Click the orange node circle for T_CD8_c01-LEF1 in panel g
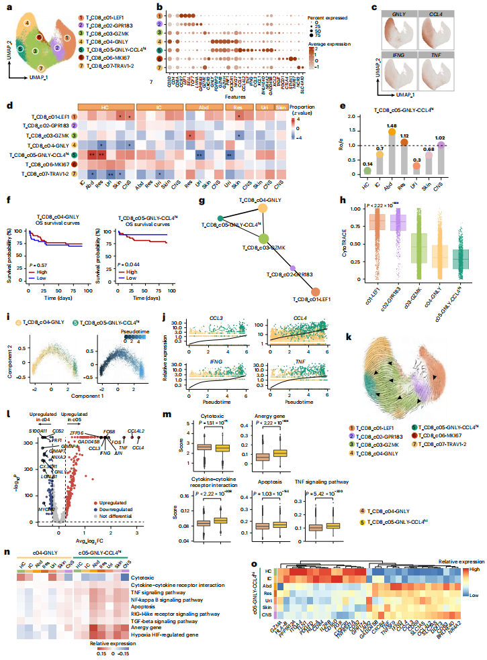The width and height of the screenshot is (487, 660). (x=316, y=291)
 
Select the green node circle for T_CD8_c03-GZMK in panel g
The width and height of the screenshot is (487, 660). (x=264, y=238)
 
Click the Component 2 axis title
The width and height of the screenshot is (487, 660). (x=9, y=356)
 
